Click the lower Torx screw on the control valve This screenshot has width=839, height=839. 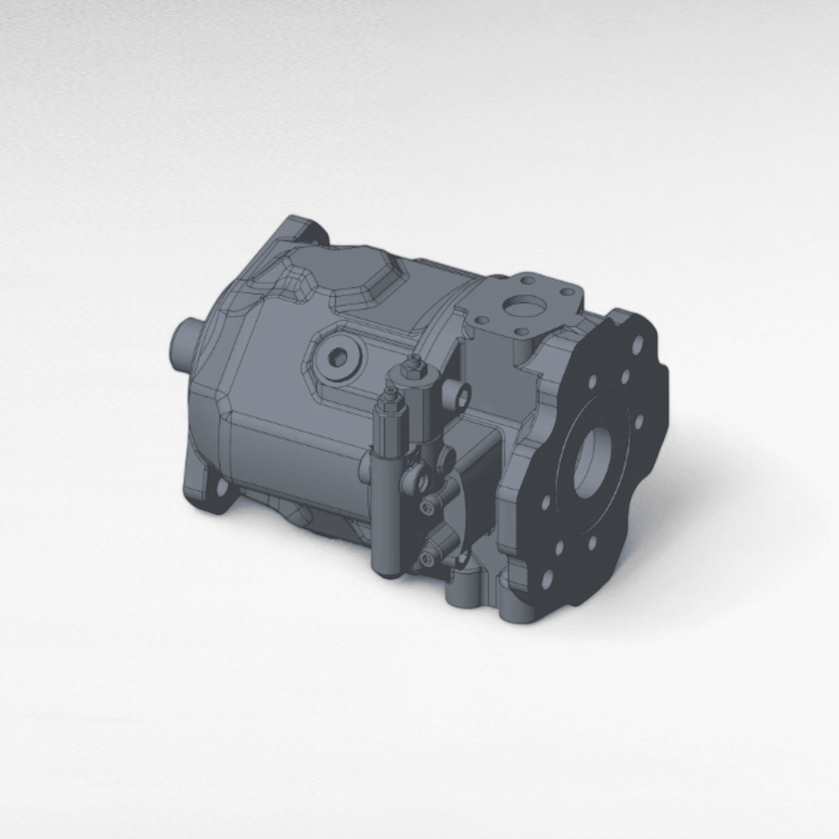(429, 558)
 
